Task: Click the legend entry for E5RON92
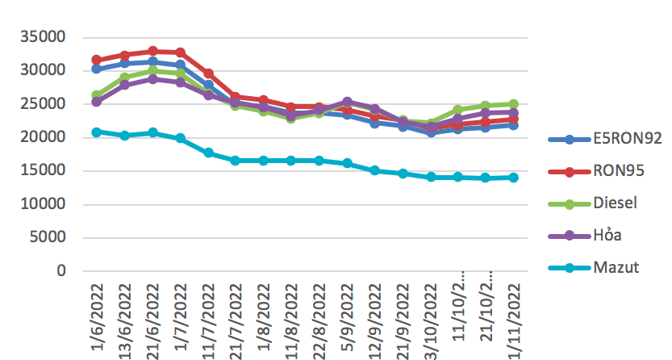(615, 139)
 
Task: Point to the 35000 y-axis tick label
(43, 37)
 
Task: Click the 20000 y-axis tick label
(43, 137)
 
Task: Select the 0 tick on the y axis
(61, 271)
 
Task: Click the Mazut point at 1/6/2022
(97, 132)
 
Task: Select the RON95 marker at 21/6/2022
(152, 52)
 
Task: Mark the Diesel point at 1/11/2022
(513, 104)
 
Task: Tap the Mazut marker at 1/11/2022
(513, 178)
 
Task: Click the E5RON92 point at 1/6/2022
(97, 69)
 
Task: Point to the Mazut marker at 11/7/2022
(208, 153)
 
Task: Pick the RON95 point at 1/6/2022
(97, 60)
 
